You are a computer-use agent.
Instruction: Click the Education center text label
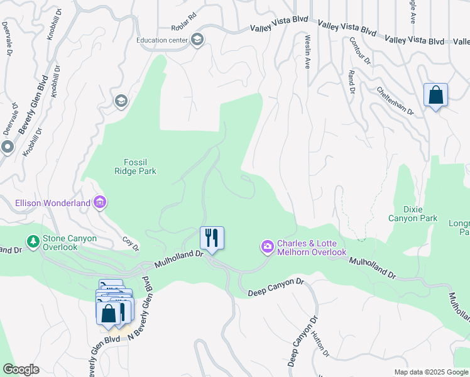[x=162, y=41]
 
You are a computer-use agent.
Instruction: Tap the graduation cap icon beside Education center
[x=197, y=40]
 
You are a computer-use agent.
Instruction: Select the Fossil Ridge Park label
[x=135, y=166]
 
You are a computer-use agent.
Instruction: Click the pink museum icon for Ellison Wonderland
[x=100, y=202]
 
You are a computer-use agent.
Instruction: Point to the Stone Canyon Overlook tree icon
[x=32, y=241]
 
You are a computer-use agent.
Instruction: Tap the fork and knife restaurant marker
[x=212, y=238]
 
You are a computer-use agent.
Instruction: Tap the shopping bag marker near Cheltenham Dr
[x=435, y=96]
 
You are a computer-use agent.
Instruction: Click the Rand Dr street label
[x=352, y=81]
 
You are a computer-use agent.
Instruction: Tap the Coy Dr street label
[x=130, y=243]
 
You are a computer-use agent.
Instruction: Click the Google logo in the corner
[x=21, y=369]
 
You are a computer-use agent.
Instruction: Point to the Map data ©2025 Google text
[x=430, y=372]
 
